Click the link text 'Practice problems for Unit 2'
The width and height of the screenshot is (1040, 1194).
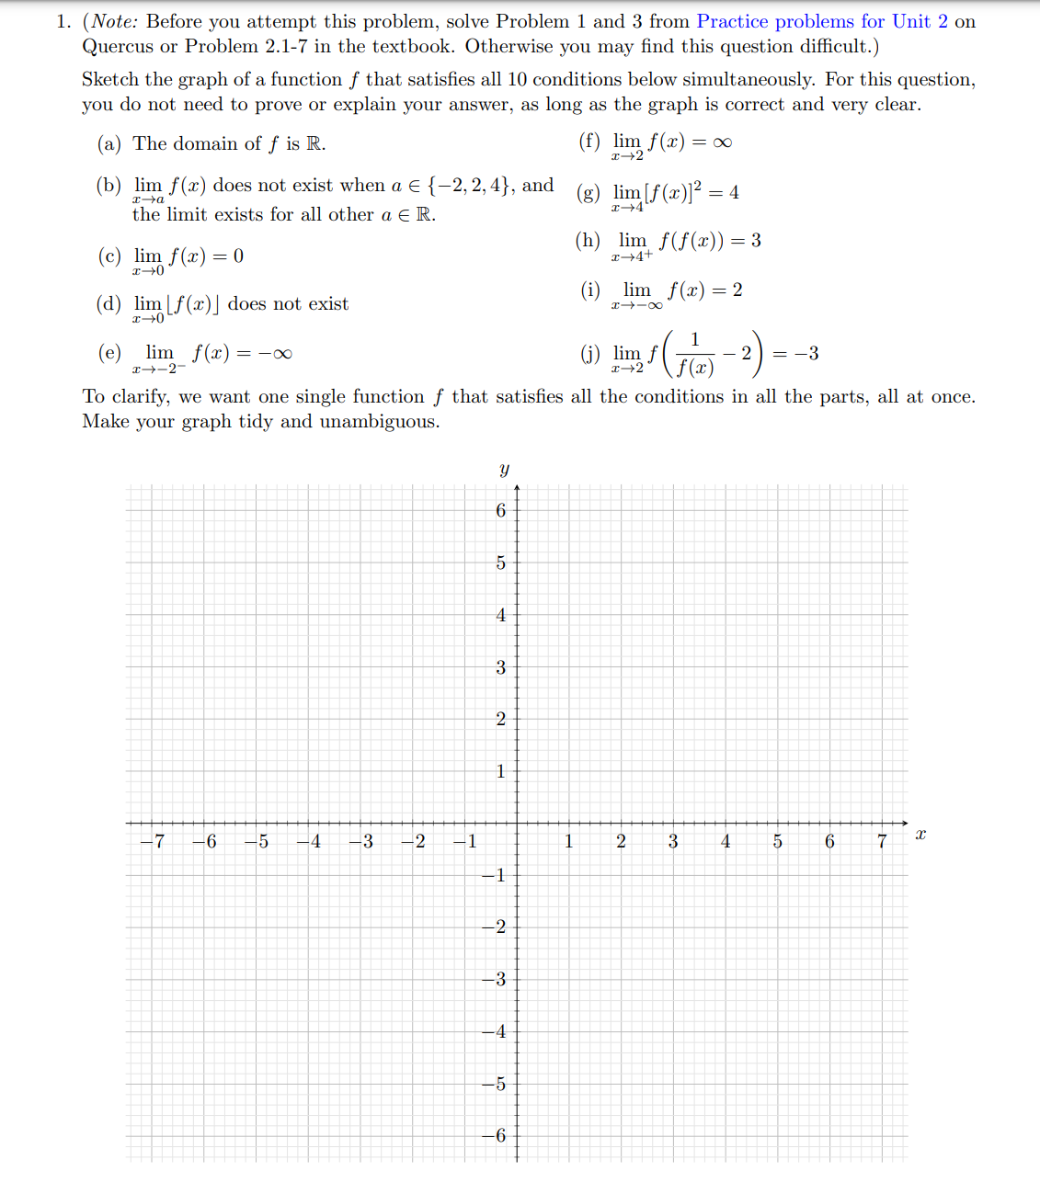821,21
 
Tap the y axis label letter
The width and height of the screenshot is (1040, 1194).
504,470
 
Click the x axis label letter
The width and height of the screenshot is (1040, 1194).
920,834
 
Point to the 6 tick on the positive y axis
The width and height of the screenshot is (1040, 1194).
500,510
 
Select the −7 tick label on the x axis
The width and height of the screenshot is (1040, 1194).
154,841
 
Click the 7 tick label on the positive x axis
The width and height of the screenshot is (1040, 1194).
881,841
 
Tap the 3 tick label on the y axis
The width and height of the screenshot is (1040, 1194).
500,667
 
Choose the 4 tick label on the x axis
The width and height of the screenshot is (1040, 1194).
725,841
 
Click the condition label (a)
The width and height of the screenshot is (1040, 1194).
109,143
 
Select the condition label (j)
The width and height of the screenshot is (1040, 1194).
589,353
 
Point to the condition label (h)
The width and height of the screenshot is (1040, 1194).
589,240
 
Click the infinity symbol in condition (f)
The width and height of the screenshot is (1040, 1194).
722,142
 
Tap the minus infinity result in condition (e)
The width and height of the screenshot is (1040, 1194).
275,353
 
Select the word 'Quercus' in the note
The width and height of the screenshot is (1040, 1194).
118,46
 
